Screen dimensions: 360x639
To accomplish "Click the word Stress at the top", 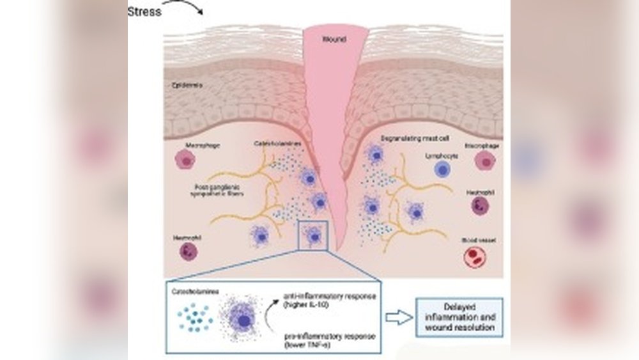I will (144, 12).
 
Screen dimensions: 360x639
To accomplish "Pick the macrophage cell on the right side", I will (486, 161).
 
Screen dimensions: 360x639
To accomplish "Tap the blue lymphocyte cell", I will (443, 169).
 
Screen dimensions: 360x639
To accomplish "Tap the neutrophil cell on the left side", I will (189, 251).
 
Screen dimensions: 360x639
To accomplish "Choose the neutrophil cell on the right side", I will (480, 205).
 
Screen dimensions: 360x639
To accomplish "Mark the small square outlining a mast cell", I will (313, 236).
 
